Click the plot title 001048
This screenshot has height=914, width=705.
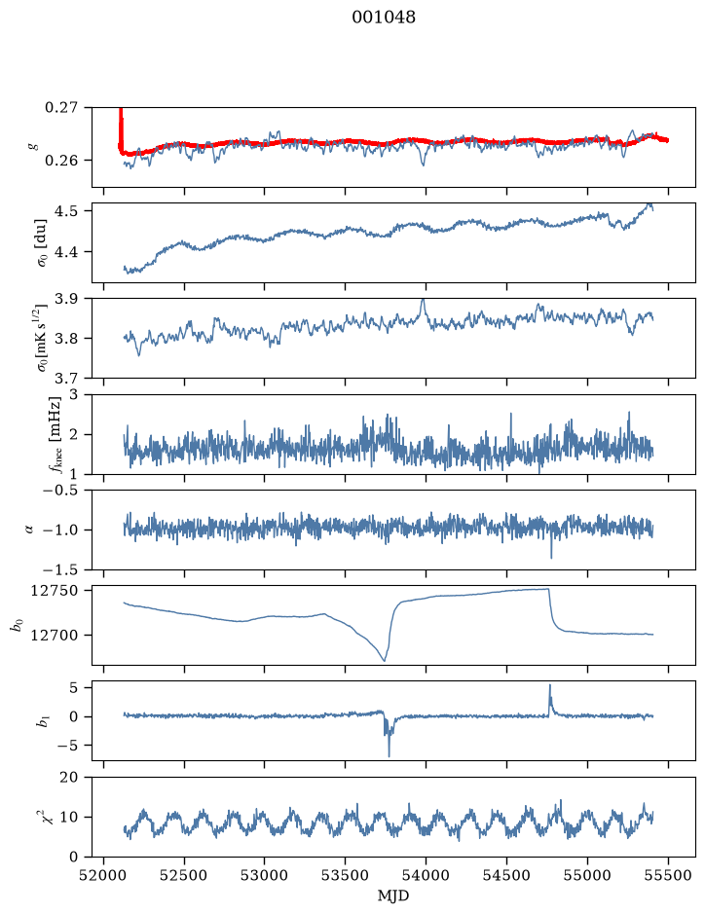383,18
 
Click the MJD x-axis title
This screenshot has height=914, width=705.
393,896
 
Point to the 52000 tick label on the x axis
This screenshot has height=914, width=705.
104,875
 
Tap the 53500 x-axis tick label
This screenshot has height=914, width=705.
346,875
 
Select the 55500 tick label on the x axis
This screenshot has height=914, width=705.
668,875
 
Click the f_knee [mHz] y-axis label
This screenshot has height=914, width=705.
55,435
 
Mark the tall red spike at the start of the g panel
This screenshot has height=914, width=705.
121,126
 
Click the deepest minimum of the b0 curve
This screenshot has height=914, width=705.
385,661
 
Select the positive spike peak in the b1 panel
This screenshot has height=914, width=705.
549,685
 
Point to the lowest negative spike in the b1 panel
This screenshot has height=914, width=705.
389,756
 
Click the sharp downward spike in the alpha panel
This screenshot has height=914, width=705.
551,558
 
